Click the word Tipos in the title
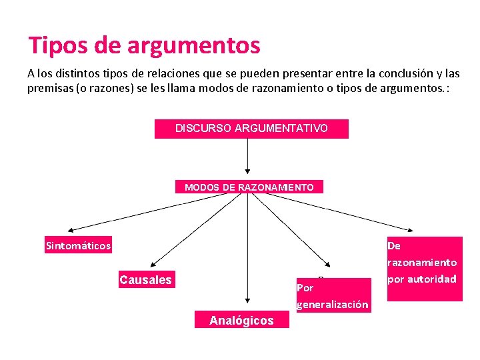56,45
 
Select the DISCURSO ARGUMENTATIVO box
251,128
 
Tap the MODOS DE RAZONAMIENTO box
249,187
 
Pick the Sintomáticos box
78,245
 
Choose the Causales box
145,280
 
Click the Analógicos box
241,321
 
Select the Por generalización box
332,296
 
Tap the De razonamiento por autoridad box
424,269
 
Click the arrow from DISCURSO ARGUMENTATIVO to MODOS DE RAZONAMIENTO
248,157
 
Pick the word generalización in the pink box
332,305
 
